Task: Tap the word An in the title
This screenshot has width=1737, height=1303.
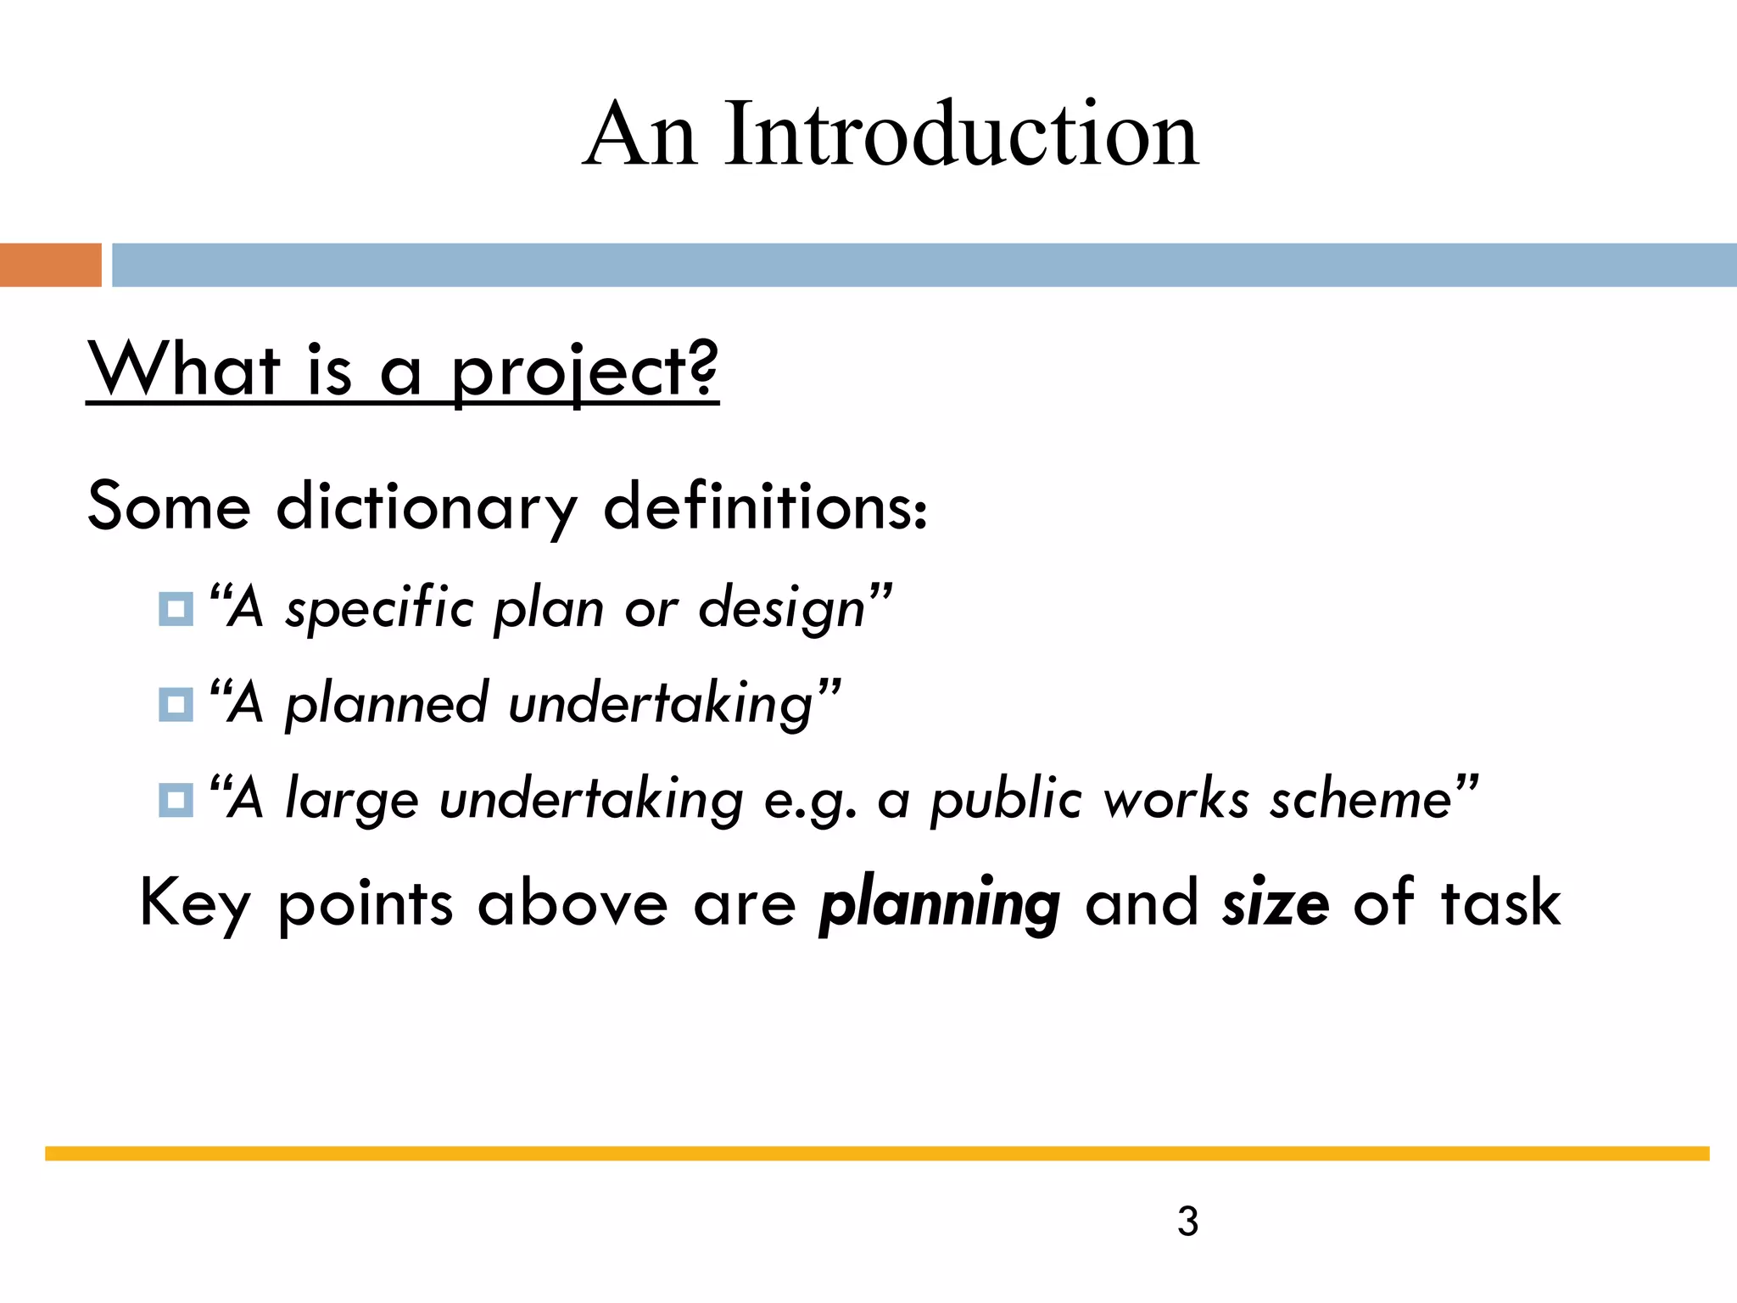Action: [641, 133]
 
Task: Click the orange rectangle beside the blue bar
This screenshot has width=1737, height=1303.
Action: [50, 265]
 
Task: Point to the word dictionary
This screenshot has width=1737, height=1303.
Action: [427, 507]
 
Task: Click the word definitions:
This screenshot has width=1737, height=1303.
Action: [765, 506]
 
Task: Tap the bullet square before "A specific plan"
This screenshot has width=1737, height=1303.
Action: [176, 609]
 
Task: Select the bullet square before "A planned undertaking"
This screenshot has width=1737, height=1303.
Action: [176, 704]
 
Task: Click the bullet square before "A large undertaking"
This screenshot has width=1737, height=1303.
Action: [176, 800]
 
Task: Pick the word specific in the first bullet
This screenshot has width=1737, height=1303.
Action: [379, 609]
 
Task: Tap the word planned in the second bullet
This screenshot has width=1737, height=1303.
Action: [386, 705]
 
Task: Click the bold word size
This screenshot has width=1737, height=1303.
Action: [1275, 903]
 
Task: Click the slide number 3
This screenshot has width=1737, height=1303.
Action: [1187, 1222]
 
